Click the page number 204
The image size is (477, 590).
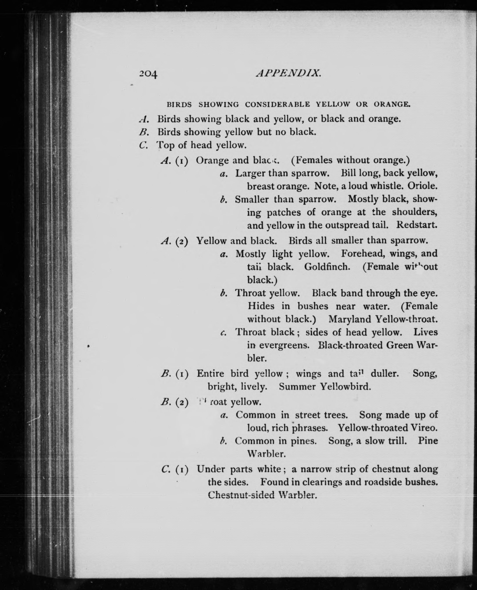pyautogui.click(x=148, y=74)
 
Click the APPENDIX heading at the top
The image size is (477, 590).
pyautogui.click(x=288, y=73)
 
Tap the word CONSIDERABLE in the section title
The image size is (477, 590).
pyautogui.click(x=277, y=105)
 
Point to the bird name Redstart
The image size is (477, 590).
pyautogui.click(x=416, y=225)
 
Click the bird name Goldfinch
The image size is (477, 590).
pyautogui.click(x=327, y=267)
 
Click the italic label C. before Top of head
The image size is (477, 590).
pyautogui.click(x=143, y=145)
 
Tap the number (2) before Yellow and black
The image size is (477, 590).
pyautogui.click(x=182, y=241)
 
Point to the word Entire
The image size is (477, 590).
pyautogui.click(x=210, y=373)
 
